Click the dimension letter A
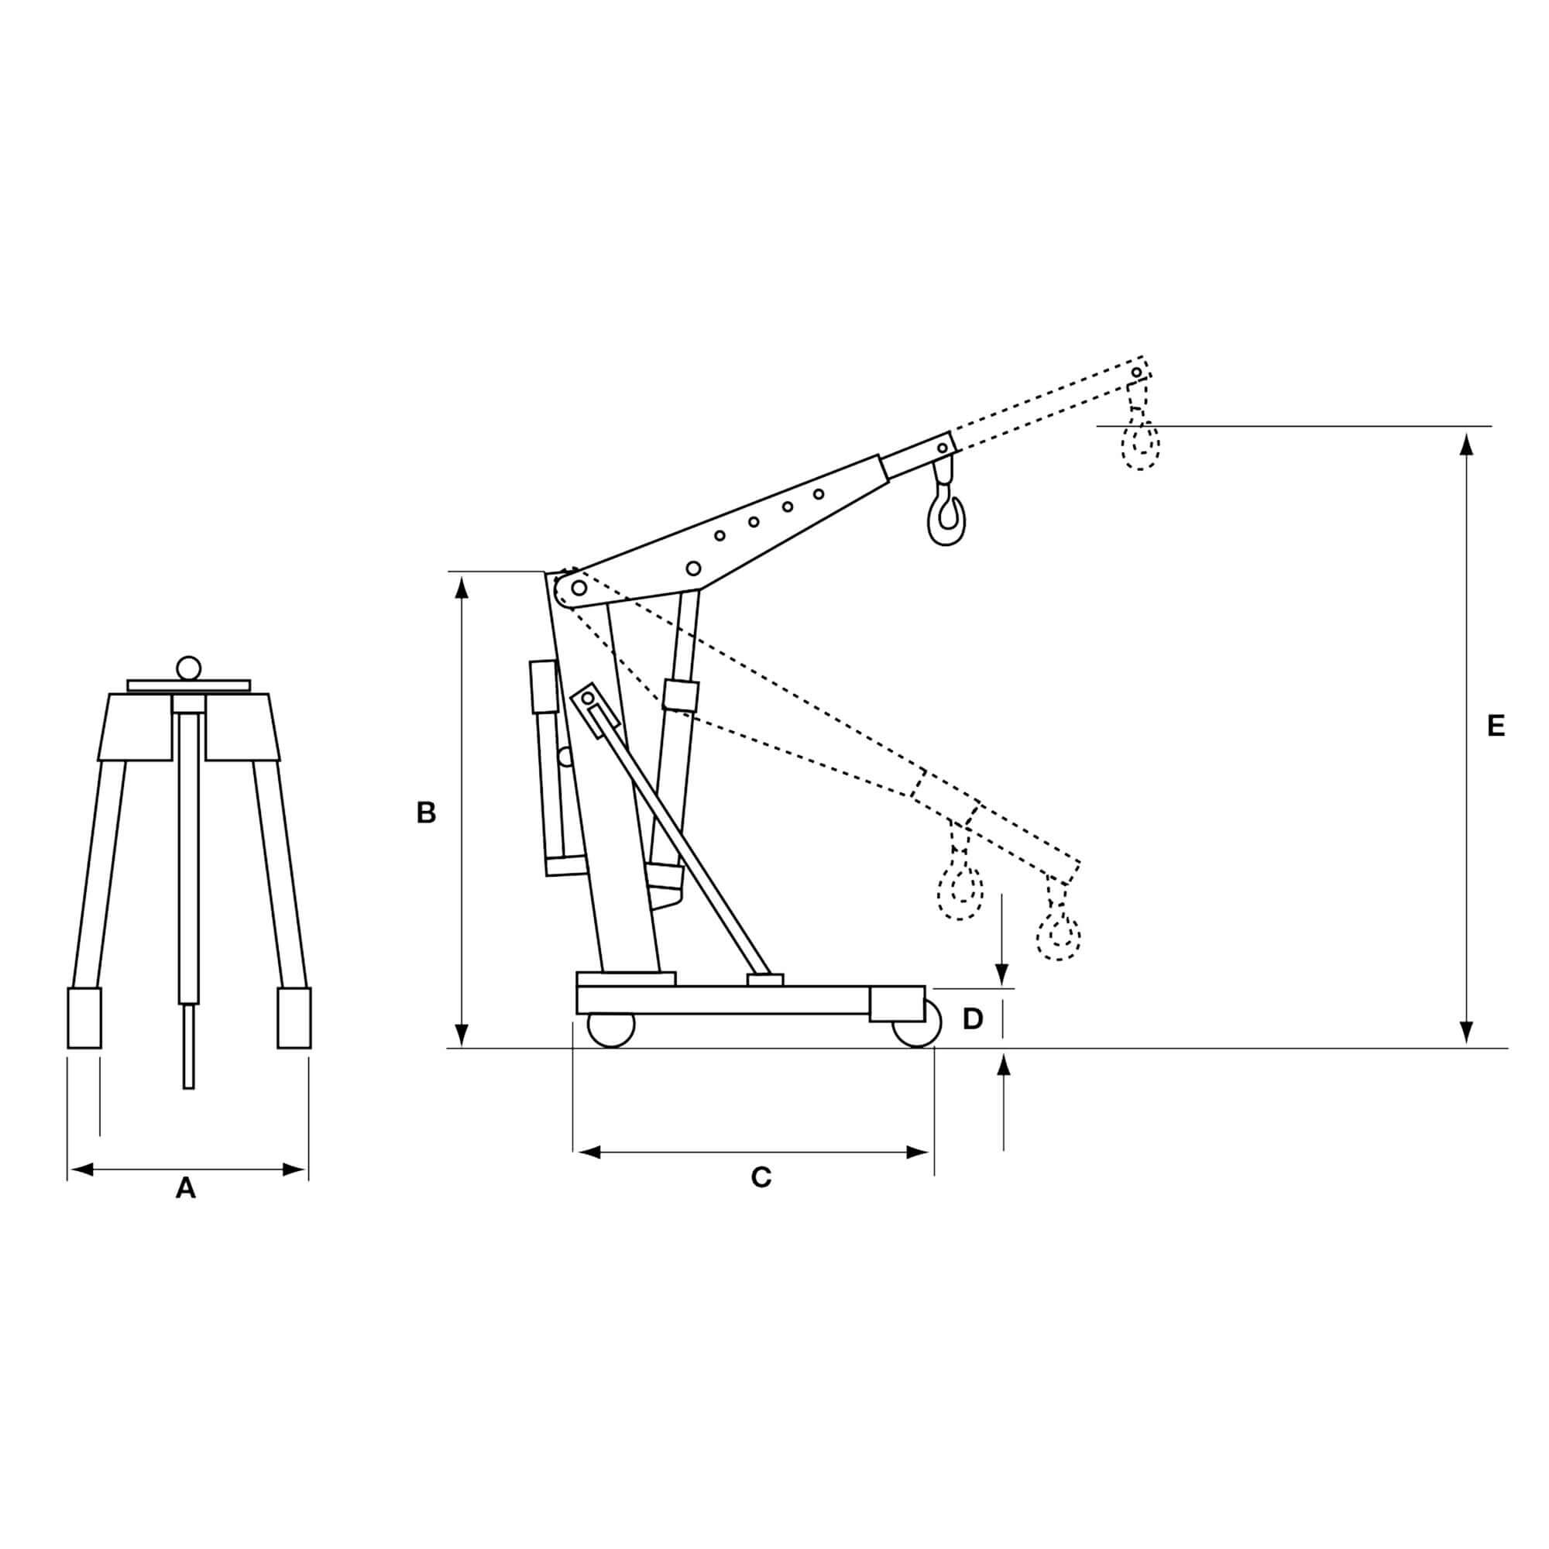(x=185, y=1187)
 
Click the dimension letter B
(x=426, y=813)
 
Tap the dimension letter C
(x=761, y=1177)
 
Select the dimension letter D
(x=973, y=1019)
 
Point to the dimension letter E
(x=1496, y=726)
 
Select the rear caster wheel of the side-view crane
(x=611, y=1029)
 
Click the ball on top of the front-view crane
(x=188, y=668)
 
